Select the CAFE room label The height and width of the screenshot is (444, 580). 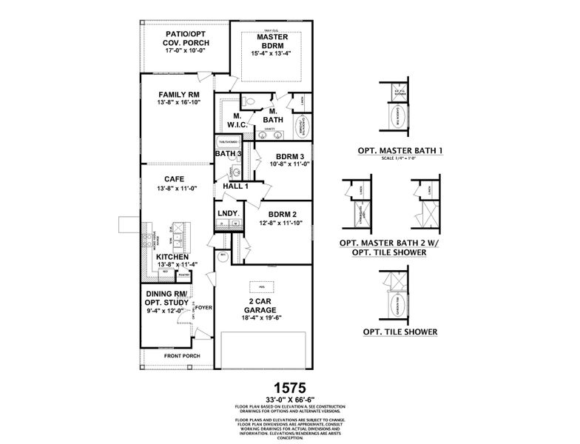pyautogui.click(x=175, y=179)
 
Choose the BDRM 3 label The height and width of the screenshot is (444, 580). pyautogui.click(x=290, y=156)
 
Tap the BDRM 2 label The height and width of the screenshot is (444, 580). pyautogui.click(x=283, y=214)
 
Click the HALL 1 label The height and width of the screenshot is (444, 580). pyautogui.click(x=235, y=186)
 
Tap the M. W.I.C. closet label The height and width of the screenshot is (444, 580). pyautogui.click(x=238, y=119)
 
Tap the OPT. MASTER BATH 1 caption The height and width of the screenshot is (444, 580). pyautogui.click(x=400, y=151)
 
